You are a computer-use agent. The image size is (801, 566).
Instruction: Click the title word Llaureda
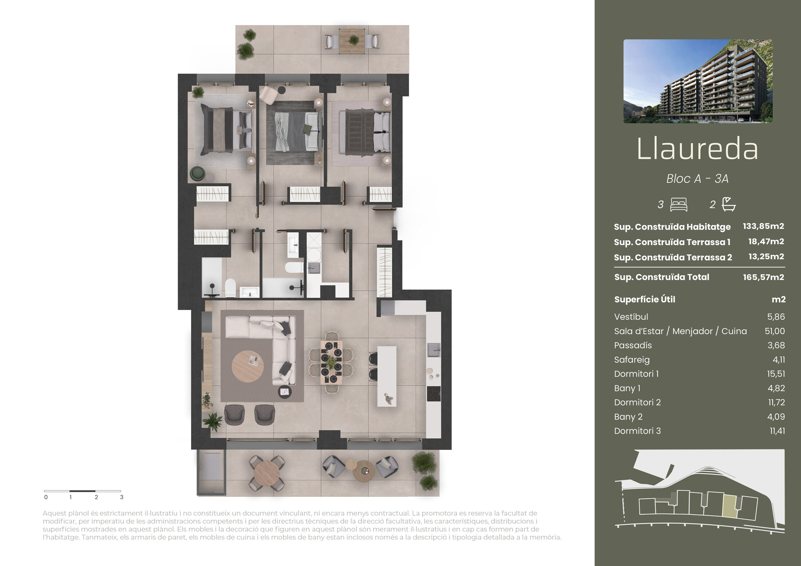click(x=697, y=149)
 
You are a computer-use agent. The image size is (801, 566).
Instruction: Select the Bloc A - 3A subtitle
click(x=697, y=179)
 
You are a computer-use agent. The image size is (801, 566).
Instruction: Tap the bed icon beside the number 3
click(x=679, y=205)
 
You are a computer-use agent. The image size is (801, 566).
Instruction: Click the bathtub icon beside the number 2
click(x=729, y=204)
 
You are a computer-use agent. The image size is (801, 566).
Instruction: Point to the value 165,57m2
click(x=763, y=277)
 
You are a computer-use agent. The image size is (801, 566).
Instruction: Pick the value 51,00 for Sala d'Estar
click(x=775, y=331)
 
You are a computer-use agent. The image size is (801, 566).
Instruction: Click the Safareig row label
click(x=632, y=360)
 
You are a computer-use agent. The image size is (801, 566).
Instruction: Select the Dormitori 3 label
click(x=637, y=431)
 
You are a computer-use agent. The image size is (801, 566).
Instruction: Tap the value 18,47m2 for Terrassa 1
click(x=766, y=242)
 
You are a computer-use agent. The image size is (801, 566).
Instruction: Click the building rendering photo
click(x=698, y=81)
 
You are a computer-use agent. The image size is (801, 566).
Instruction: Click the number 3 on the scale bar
click(x=122, y=497)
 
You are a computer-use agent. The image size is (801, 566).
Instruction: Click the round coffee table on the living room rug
click(x=248, y=367)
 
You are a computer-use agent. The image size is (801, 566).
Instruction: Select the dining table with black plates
click(x=331, y=362)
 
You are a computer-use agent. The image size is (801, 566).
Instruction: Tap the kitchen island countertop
click(x=387, y=376)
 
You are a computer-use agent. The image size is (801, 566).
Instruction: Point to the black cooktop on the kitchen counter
click(x=434, y=394)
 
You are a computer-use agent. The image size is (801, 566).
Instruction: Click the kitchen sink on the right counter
click(x=434, y=350)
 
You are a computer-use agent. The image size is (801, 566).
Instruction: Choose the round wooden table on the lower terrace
click(x=267, y=473)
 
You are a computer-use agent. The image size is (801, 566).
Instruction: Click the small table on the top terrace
click(x=352, y=40)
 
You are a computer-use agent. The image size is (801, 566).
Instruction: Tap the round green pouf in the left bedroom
click(x=198, y=174)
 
